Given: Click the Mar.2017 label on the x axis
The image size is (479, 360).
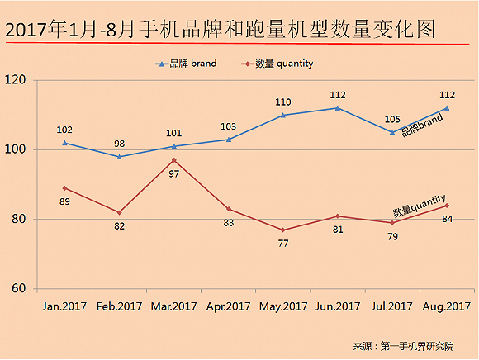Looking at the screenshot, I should pos(173,306).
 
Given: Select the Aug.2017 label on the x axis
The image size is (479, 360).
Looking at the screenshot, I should pos(447,306).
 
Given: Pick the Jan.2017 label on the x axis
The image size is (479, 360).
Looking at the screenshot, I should pos(64,306).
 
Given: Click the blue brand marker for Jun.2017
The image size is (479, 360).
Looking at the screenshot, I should pos(337,108).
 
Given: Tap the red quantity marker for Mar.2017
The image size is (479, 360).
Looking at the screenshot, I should pos(173,160).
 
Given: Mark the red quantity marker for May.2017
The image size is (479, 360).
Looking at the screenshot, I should pos(282,230).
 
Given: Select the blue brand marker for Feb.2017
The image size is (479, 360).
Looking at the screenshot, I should pos(119,157).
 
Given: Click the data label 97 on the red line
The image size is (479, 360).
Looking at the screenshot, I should pos(173,174).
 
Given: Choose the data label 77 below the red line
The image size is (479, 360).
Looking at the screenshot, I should pos(282,244).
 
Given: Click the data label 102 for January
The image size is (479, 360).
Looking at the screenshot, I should pos(65,130).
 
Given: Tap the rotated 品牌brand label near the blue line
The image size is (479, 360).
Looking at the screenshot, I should pos(422,126).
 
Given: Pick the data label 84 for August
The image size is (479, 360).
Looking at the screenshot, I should pos(447,219).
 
